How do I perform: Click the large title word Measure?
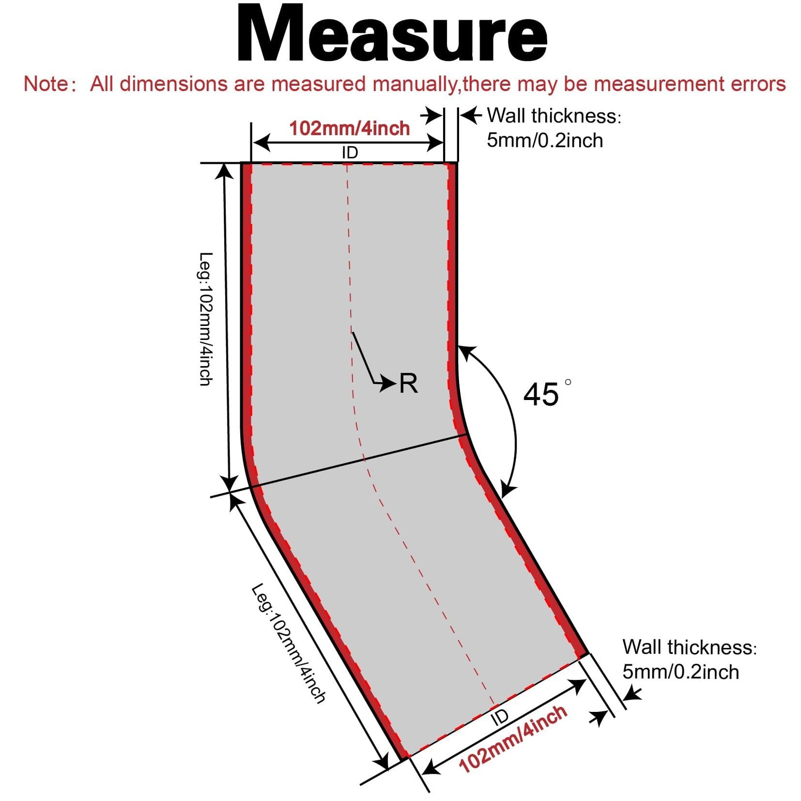coord(392,34)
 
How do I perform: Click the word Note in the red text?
coord(46,84)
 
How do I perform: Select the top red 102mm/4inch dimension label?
coord(349,128)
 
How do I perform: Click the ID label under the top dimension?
coord(350,153)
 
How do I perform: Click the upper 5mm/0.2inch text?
coord(545,140)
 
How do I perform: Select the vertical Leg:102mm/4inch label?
coord(206,319)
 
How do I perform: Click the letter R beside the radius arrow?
coord(409,384)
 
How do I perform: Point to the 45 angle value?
coord(541,394)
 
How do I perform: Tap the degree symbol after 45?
coord(568,382)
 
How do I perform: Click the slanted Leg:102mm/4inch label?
coord(288,643)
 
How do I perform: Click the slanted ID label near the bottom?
coord(500,717)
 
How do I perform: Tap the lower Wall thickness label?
coord(689,647)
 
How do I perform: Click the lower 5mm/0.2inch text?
coord(681,672)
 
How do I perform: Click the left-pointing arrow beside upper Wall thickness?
coord(471,116)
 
